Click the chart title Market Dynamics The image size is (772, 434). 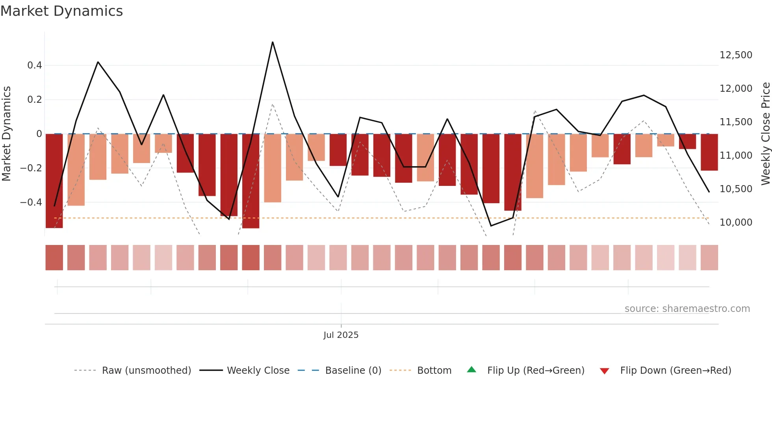(61, 11)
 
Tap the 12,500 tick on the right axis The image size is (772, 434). (736, 55)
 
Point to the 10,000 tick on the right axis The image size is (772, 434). (736, 223)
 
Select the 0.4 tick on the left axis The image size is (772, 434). (35, 65)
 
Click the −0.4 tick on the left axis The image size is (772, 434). (31, 202)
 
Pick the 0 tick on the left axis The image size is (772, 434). (39, 134)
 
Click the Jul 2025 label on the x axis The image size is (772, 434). (341, 335)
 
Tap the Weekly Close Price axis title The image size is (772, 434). (765, 134)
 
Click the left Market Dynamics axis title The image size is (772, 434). (7, 134)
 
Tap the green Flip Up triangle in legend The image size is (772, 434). (471, 370)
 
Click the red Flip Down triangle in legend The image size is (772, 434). (604, 371)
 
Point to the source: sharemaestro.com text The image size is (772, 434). (687, 309)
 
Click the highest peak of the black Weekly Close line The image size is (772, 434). (273, 42)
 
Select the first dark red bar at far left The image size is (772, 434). (54, 181)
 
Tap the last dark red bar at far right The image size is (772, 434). (709, 152)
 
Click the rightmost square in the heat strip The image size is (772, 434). (709, 258)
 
